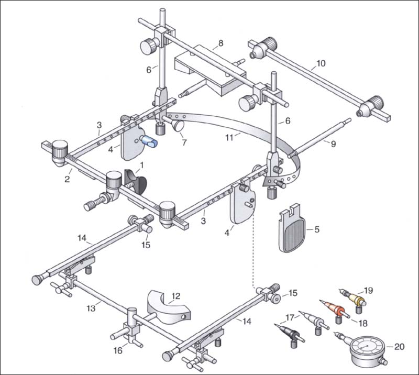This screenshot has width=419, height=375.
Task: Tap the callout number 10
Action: pos(321,65)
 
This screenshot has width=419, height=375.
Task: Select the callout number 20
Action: pos(399,346)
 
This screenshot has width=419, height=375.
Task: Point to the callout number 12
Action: pos(176,296)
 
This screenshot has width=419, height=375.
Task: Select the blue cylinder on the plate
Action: pos(150,141)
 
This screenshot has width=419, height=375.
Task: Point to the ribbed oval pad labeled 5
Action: pos(289,234)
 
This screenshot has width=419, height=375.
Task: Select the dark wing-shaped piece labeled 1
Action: pos(135,181)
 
